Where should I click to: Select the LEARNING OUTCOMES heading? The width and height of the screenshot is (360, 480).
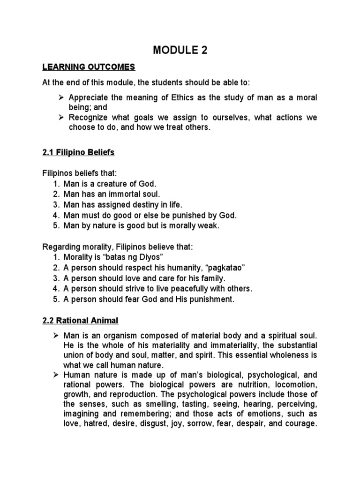89,67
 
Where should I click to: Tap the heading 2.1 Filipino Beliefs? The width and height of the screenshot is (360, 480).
78,152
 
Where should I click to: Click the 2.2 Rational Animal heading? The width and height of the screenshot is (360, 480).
81,320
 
